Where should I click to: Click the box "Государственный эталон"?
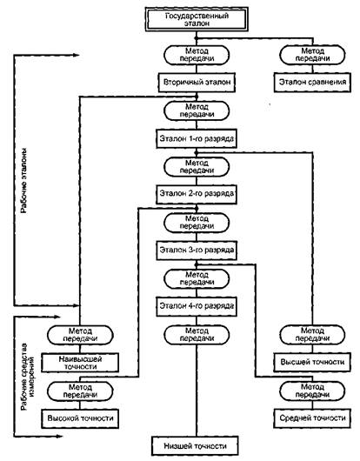point(197,20)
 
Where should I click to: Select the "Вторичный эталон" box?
point(197,83)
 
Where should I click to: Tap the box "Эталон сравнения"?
point(312,83)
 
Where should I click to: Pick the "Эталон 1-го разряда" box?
point(197,138)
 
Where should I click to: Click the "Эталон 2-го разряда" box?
point(197,194)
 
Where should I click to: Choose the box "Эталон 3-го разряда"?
point(197,251)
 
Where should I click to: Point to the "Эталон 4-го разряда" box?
point(197,306)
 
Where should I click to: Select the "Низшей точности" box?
point(195,446)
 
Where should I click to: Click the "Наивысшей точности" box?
point(80,363)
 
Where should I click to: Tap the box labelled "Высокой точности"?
point(80,418)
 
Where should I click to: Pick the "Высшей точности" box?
point(312,362)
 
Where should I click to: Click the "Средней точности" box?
point(312,418)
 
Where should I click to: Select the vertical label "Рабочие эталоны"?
point(23,180)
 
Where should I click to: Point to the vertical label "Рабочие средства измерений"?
point(27,377)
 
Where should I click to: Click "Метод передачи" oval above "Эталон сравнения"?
point(312,55)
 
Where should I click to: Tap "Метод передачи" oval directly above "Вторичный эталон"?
point(197,55)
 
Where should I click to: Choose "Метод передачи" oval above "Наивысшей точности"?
point(80,335)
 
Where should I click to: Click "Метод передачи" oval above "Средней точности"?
point(312,391)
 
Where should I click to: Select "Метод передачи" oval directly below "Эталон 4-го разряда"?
point(197,335)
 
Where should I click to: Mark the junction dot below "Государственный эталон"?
point(197,38)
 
